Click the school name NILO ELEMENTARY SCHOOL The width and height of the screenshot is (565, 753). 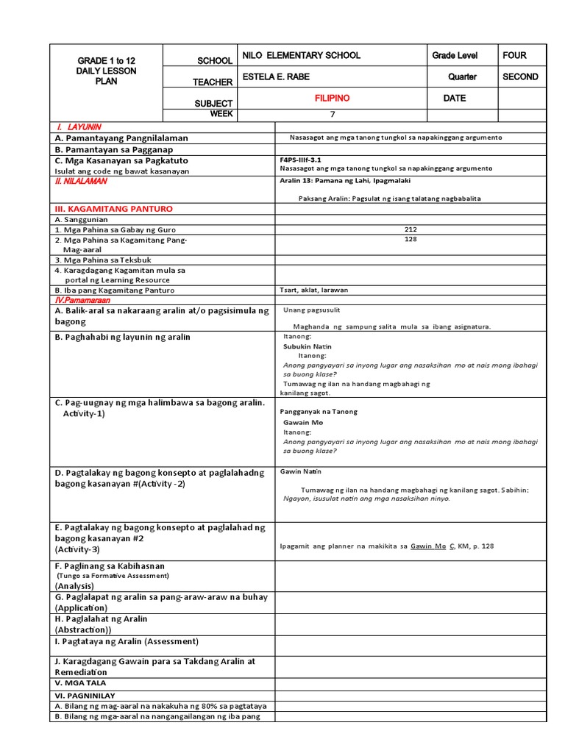[x=301, y=56]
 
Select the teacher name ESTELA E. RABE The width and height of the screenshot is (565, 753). [x=277, y=77]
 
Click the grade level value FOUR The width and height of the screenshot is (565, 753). [x=514, y=56]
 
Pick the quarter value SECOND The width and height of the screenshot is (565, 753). [x=520, y=77]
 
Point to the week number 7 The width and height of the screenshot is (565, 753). [x=332, y=114]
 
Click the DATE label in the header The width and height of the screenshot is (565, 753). [x=455, y=99]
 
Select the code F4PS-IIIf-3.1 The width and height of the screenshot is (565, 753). [x=301, y=159]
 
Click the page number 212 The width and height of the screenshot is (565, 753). [x=411, y=229]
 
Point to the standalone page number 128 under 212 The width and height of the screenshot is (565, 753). [x=411, y=239]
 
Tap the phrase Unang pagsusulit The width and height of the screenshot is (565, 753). [x=312, y=310]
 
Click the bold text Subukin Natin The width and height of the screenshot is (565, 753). [x=308, y=346]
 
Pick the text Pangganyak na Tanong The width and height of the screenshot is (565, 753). [x=319, y=412]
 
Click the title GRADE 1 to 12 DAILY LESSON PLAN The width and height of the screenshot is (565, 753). [x=106, y=71]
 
